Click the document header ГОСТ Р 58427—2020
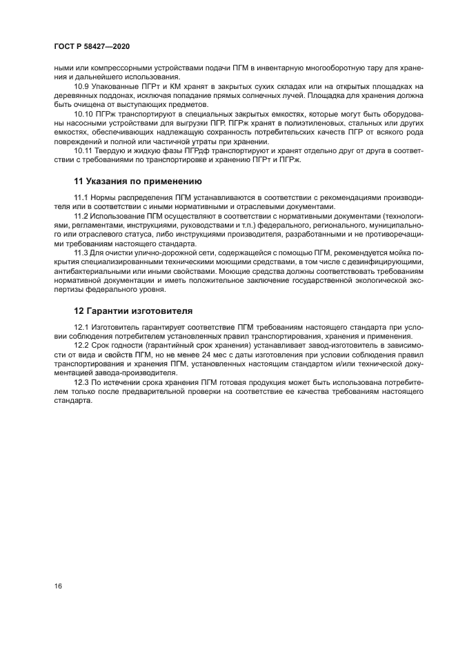tap(92, 46)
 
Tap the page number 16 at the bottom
tap(59, 586)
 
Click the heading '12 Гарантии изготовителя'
tap(133, 311)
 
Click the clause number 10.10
tap(84, 113)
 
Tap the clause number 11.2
tap(82, 216)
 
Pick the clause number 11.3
tap(82, 253)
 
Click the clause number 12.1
tap(82, 327)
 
